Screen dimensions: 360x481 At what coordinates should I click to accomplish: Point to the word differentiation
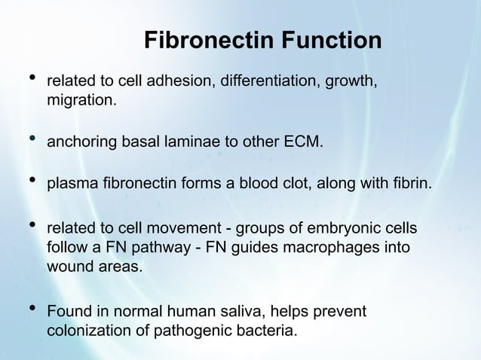pyautogui.click(x=267, y=81)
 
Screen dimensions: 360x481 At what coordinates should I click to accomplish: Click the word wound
pyautogui.click(x=69, y=266)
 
